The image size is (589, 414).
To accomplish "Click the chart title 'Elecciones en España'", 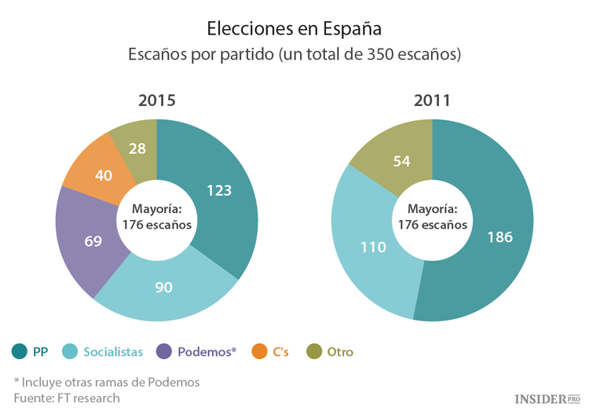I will [x=294, y=28].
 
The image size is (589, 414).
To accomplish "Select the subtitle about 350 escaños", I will [x=294, y=57].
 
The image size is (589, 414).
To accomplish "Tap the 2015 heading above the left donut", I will [x=156, y=101].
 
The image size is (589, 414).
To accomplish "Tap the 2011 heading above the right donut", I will [x=432, y=101].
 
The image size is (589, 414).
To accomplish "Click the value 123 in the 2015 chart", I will [x=219, y=190].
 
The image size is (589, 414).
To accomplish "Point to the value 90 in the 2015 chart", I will [x=163, y=288].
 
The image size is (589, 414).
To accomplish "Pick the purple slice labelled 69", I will [x=93, y=240].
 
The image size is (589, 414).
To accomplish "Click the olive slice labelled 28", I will [x=138, y=148].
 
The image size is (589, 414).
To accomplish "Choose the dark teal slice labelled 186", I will [x=499, y=236].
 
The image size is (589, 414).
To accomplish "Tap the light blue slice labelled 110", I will [x=372, y=247].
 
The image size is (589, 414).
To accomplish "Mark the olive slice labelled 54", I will [x=401, y=160].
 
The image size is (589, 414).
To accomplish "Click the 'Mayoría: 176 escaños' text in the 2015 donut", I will [x=156, y=217].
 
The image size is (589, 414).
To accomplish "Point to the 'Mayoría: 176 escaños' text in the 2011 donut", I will [x=432, y=217].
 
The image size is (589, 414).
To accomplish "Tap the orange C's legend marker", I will [x=260, y=352].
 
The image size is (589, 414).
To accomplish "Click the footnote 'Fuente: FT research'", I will [x=67, y=398].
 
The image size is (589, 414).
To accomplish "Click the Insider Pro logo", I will [x=547, y=399].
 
